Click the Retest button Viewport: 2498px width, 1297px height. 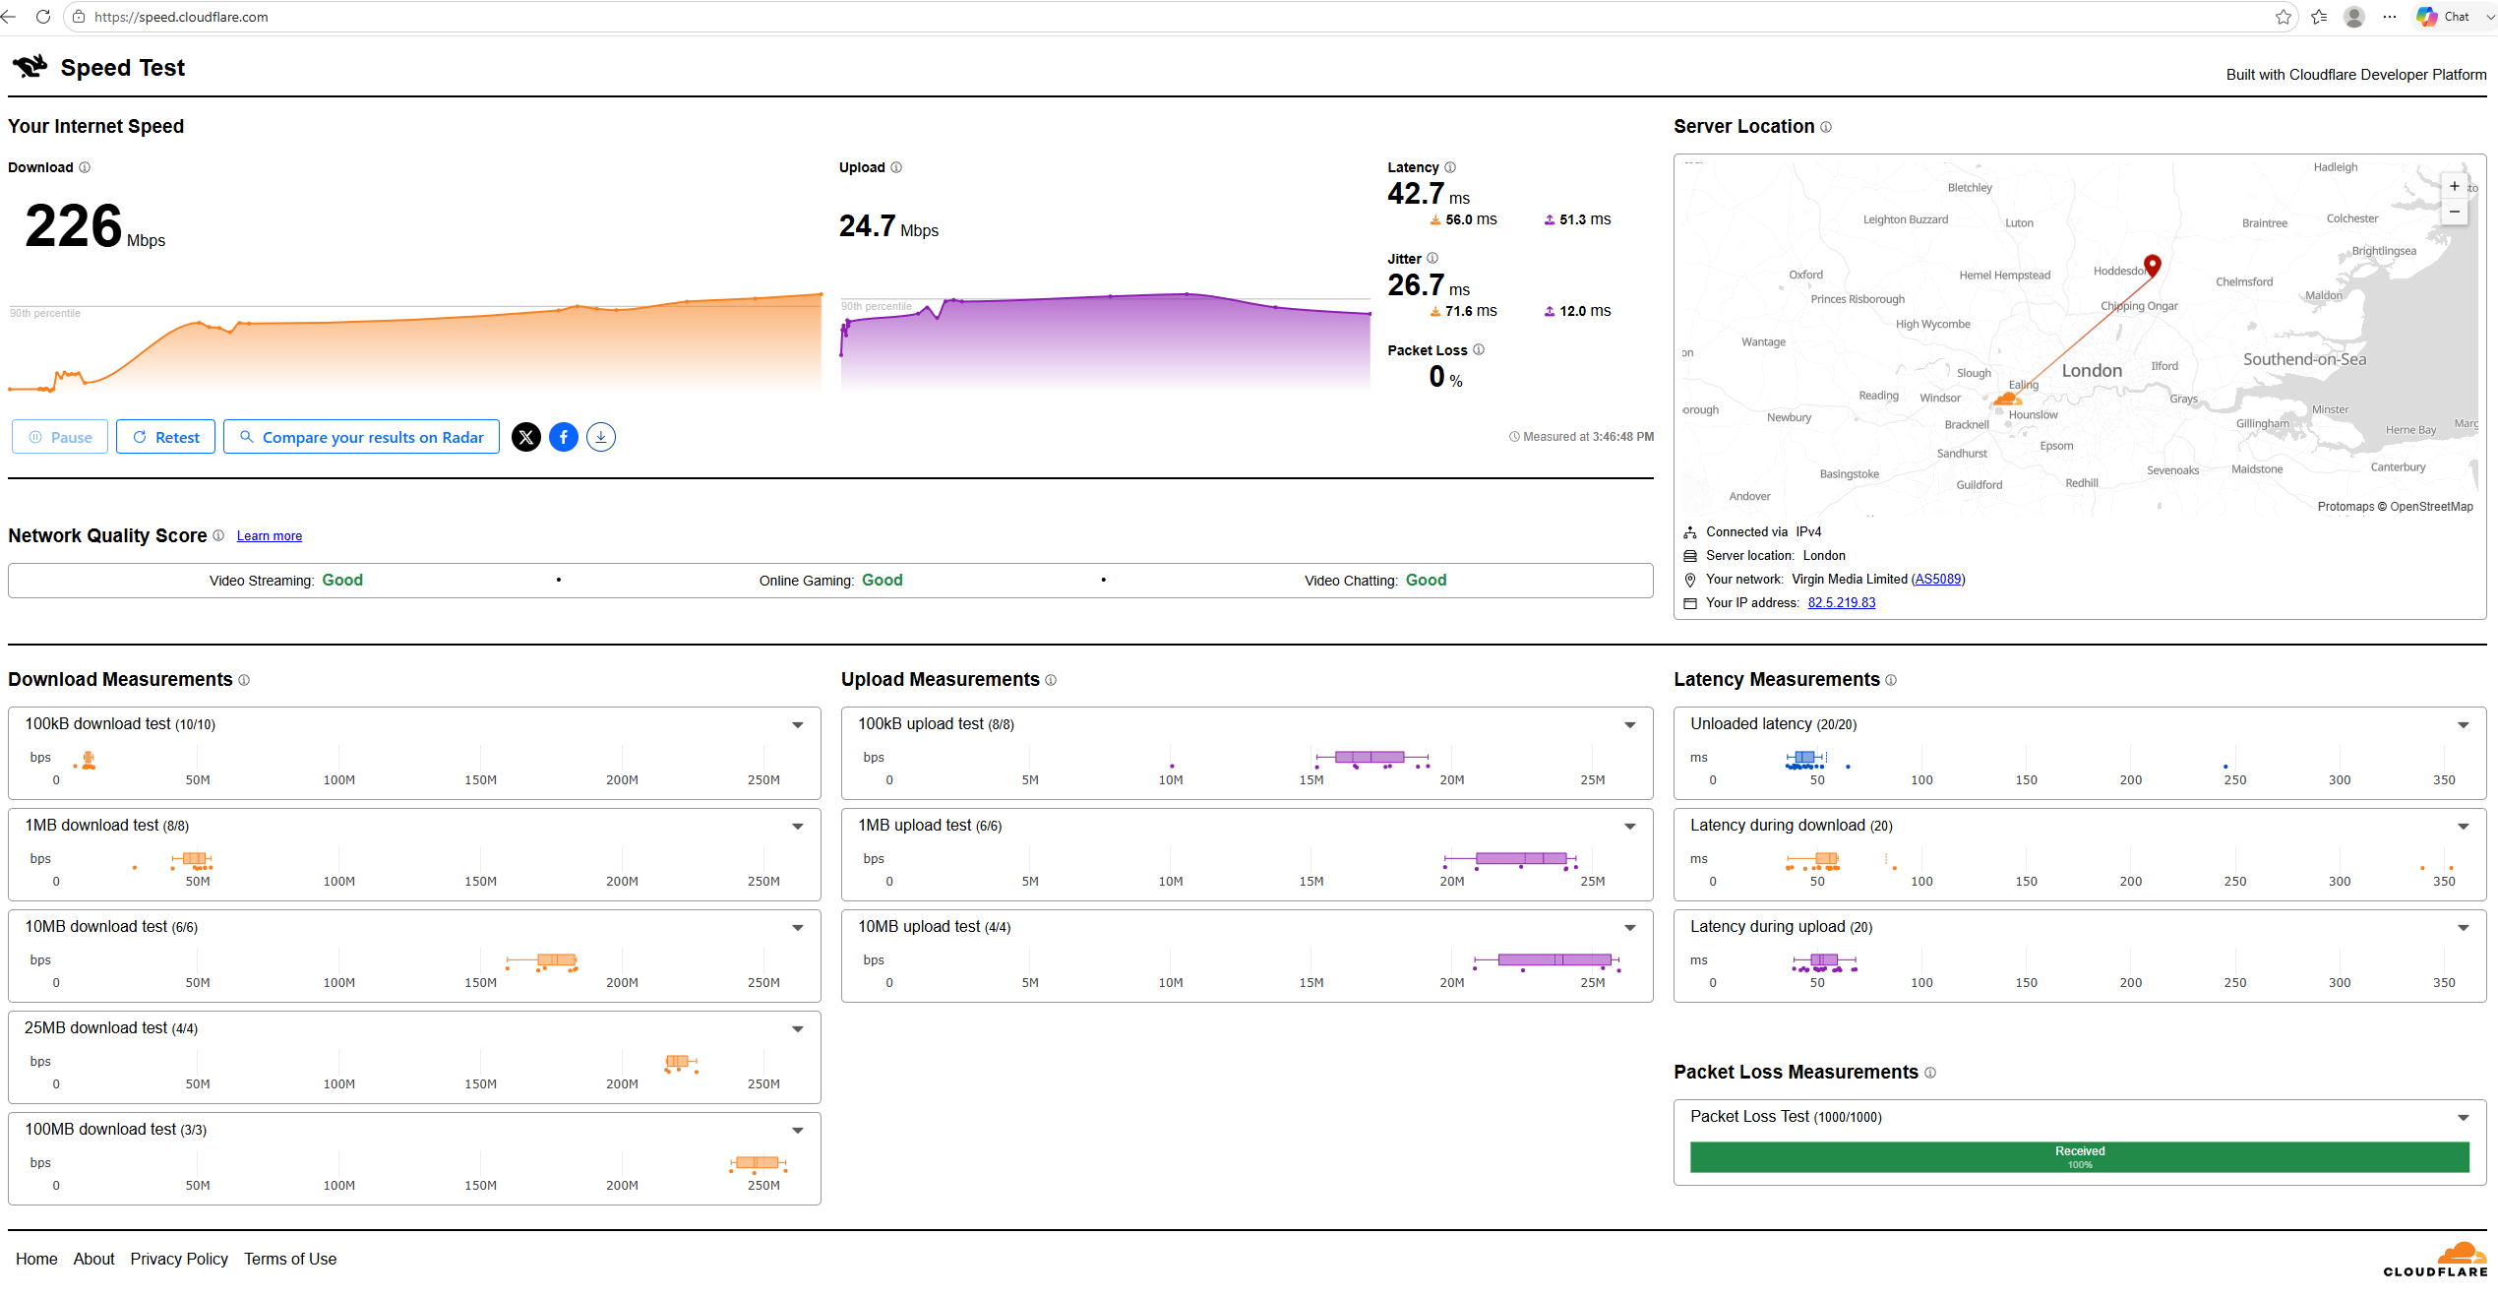click(165, 437)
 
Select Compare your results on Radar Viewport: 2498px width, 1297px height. click(361, 437)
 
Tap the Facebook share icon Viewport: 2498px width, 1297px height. click(564, 437)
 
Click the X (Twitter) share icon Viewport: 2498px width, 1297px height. click(526, 437)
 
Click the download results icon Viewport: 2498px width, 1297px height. click(601, 437)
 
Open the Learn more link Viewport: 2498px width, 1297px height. click(270, 536)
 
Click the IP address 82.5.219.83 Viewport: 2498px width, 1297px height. click(1842, 603)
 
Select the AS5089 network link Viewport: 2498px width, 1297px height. click(1938, 580)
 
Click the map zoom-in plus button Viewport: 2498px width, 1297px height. click(2455, 186)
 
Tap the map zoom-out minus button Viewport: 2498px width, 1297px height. click(2455, 212)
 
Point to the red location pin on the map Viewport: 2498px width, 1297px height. click(2153, 265)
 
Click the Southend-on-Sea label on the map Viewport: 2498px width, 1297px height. click(2304, 360)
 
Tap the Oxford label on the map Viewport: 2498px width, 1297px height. click(1806, 275)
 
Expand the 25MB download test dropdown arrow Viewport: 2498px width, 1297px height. click(798, 1029)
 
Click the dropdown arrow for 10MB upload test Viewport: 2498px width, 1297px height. click(1630, 928)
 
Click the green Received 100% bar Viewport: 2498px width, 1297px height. click(2080, 1157)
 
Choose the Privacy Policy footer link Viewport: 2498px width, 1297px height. click(179, 1260)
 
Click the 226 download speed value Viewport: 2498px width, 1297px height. click(74, 225)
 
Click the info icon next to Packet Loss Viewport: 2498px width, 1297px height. click(1479, 349)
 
